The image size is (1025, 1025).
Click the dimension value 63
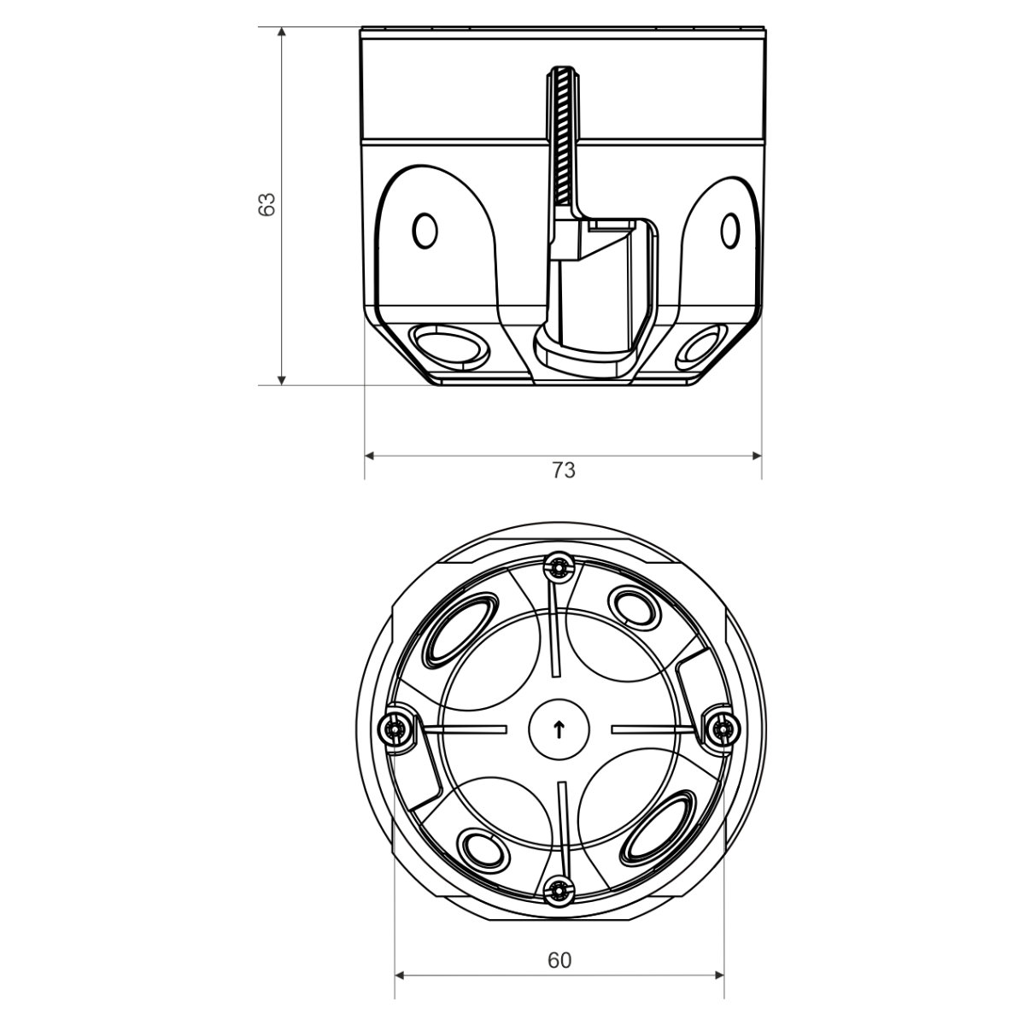[x=266, y=204]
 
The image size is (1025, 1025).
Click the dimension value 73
[x=563, y=470]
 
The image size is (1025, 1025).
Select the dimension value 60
[x=559, y=960]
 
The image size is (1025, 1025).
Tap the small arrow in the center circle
[x=559, y=730]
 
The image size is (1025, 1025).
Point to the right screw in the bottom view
[x=723, y=729]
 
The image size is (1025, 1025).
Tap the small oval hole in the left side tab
[x=425, y=231]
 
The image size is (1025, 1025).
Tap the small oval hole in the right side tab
[x=729, y=231]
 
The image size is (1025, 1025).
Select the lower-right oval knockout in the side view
[x=702, y=348]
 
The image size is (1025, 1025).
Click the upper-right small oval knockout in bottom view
[x=635, y=607]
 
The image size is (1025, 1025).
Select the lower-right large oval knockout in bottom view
[x=659, y=827]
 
